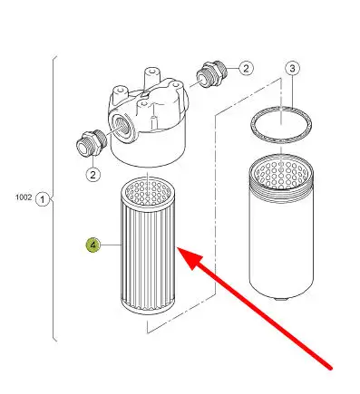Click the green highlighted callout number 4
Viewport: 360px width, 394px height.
point(93,245)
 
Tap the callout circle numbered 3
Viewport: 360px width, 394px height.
point(292,69)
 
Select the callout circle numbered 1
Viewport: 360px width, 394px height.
point(43,199)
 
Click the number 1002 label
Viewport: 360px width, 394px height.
point(24,197)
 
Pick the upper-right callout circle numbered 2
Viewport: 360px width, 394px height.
point(246,68)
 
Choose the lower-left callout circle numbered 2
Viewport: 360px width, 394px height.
point(92,174)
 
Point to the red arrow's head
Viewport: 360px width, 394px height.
point(189,257)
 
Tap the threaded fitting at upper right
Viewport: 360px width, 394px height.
point(211,74)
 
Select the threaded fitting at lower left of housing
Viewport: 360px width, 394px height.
point(92,143)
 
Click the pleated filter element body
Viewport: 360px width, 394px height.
point(148,254)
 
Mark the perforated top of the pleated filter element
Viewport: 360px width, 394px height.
point(148,191)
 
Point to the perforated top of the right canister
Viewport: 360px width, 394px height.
point(281,174)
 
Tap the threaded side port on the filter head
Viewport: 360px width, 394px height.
point(121,126)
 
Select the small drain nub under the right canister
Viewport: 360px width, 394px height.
point(281,298)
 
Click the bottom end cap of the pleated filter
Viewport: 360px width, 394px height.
point(148,305)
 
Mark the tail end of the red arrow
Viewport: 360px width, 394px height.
point(330,368)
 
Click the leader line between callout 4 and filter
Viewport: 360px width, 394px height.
point(111,245)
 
